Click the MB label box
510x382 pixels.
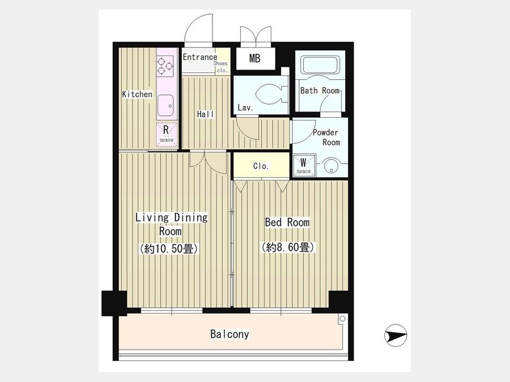[x=254, y=58]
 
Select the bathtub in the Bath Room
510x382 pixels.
[x=320, y=65]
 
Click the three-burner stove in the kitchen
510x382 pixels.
[x=165, y=66]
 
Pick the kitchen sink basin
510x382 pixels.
[x=166, y=106]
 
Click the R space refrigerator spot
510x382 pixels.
[x=167, y=133]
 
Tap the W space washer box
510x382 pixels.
[x=304, y=165]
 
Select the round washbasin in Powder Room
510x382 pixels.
[x=330, y=166]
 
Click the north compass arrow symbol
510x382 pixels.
[x=396, y=335]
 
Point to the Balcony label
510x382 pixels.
[x=229, y=334]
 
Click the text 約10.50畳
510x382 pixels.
[x=169, y=248]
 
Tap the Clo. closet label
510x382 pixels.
[x=261, y=166]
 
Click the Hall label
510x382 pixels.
[x=206, y=114]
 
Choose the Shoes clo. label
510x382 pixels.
[x=221, y=67]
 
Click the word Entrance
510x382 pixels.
[x=199, y=57]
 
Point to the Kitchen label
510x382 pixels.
[x=137, y=94]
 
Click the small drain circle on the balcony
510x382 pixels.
[x=342, y=319]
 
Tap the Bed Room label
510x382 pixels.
[x=287, y=222]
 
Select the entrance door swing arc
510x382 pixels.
[x=194, y=23]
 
